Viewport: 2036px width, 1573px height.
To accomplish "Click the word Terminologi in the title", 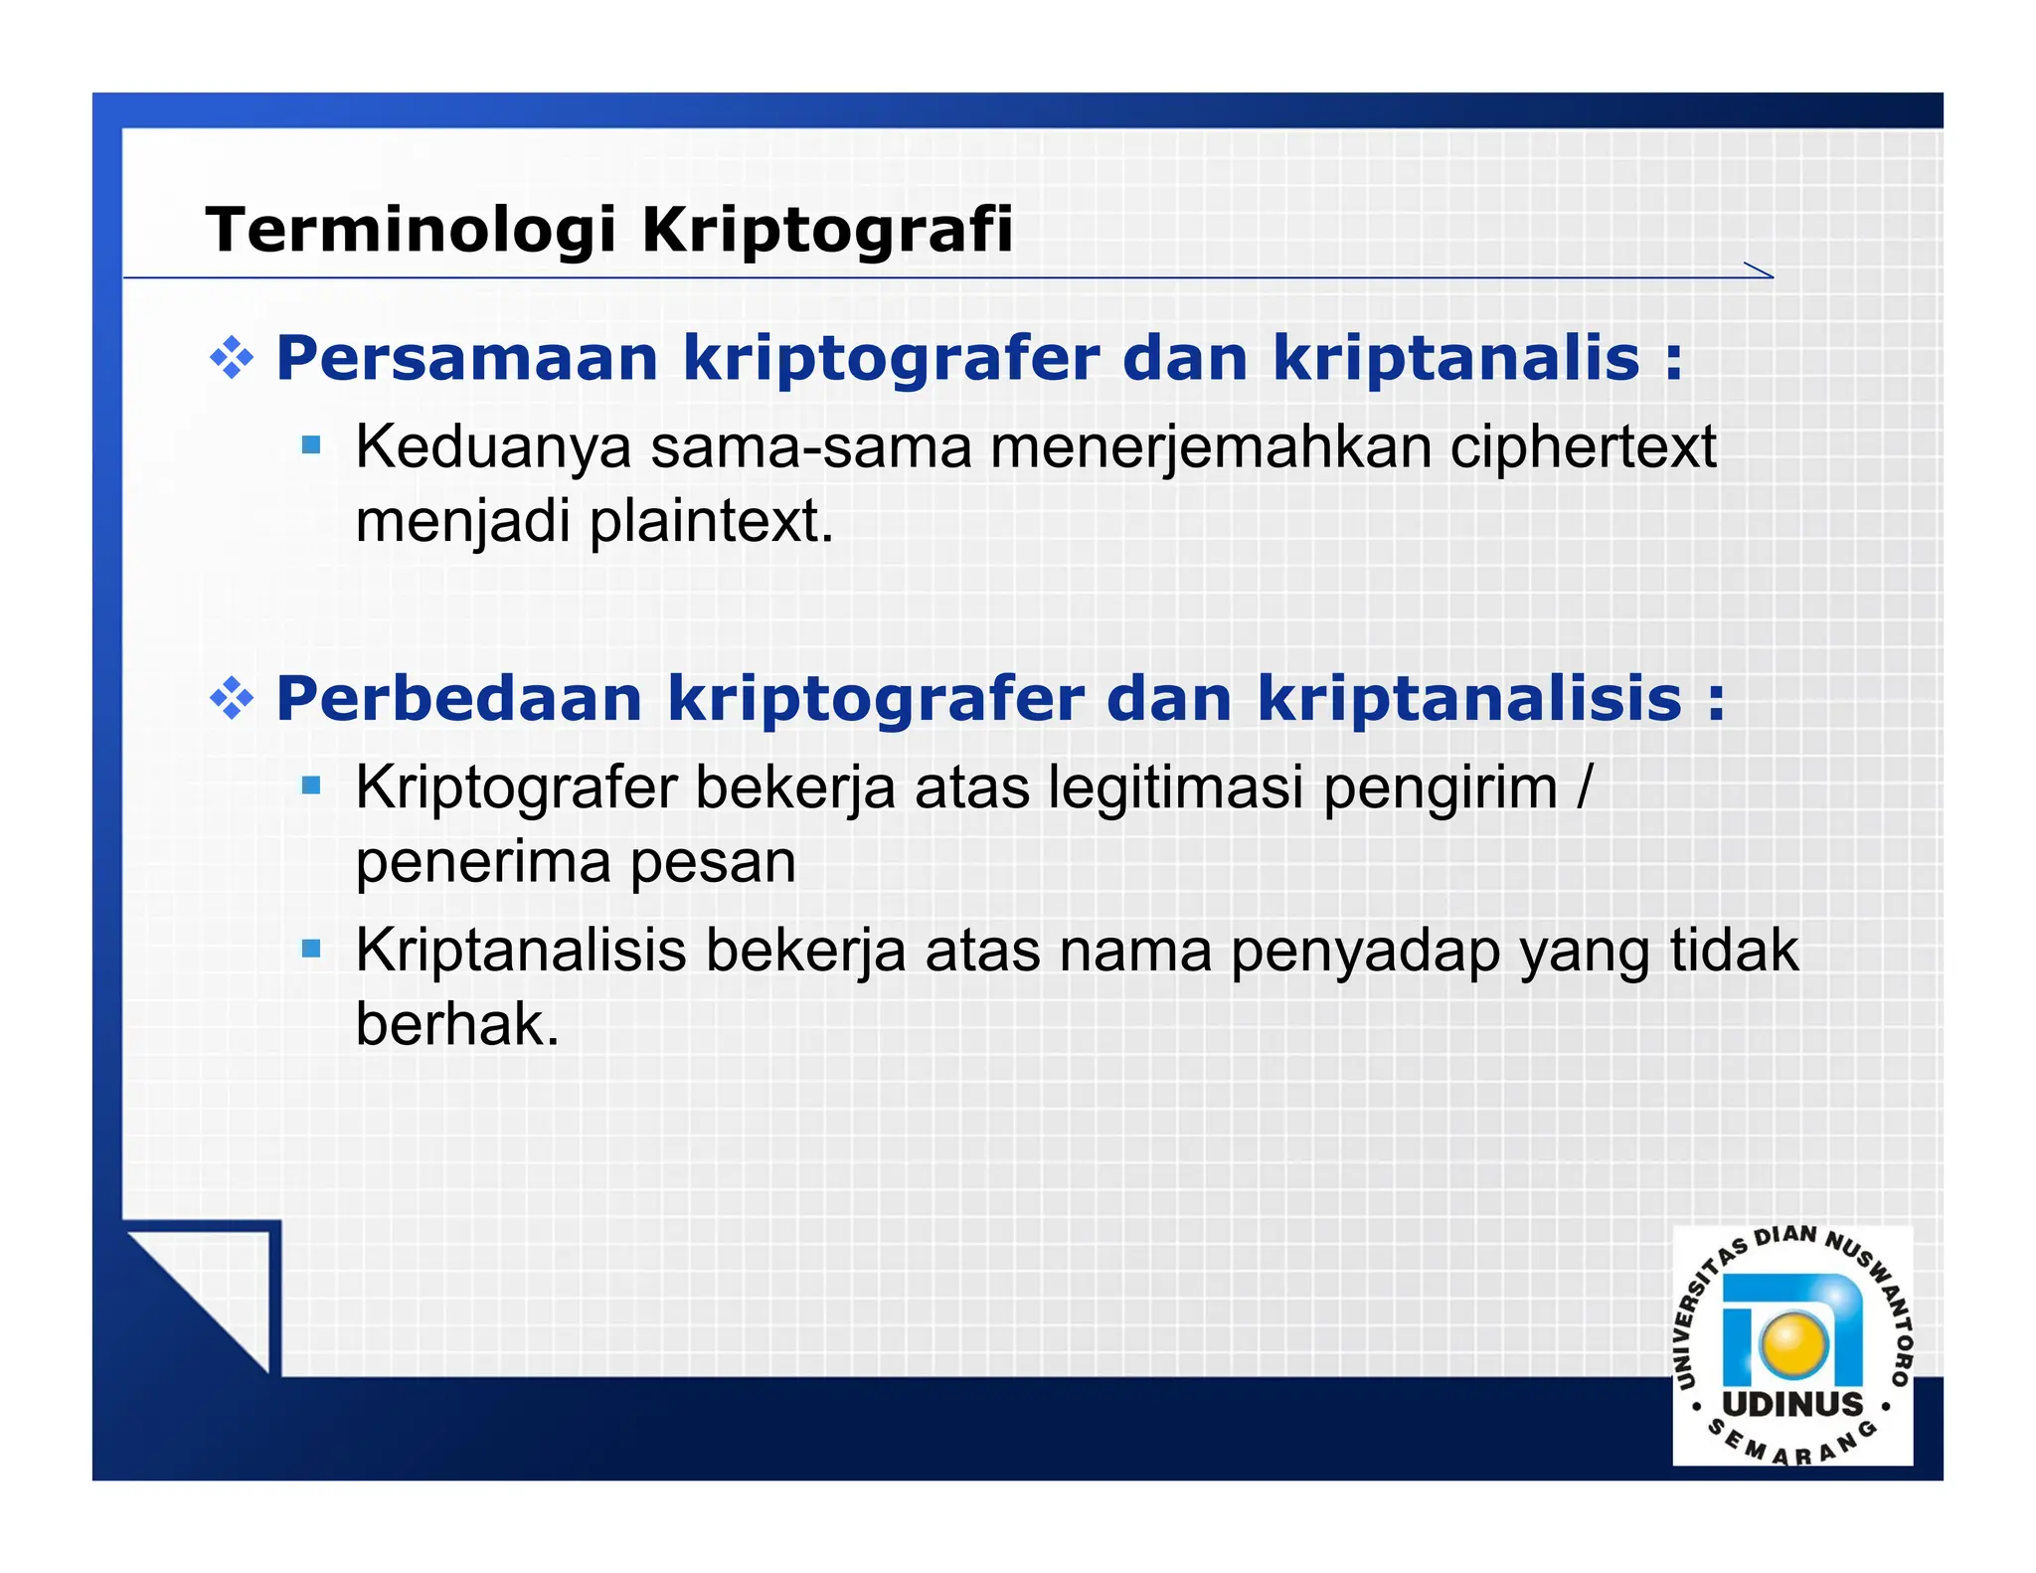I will point(411,230).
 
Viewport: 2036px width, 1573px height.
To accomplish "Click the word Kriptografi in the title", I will point(827,230).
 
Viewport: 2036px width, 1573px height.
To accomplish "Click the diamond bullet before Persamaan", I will point(232,358).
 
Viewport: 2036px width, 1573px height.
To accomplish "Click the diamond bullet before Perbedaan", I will point(232,698).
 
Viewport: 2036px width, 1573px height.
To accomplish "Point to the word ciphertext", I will point(1583,446).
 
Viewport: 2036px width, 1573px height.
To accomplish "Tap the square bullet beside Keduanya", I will point(311,444).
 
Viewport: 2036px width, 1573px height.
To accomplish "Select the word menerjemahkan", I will point(1210,446).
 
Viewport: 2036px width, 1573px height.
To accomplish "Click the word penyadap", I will point(1365,952).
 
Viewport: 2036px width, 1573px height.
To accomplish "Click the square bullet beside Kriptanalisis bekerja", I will point(311,949).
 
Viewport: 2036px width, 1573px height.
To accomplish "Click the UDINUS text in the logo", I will point(1792,1405).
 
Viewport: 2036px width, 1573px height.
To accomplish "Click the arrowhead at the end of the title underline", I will point(1760,270).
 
